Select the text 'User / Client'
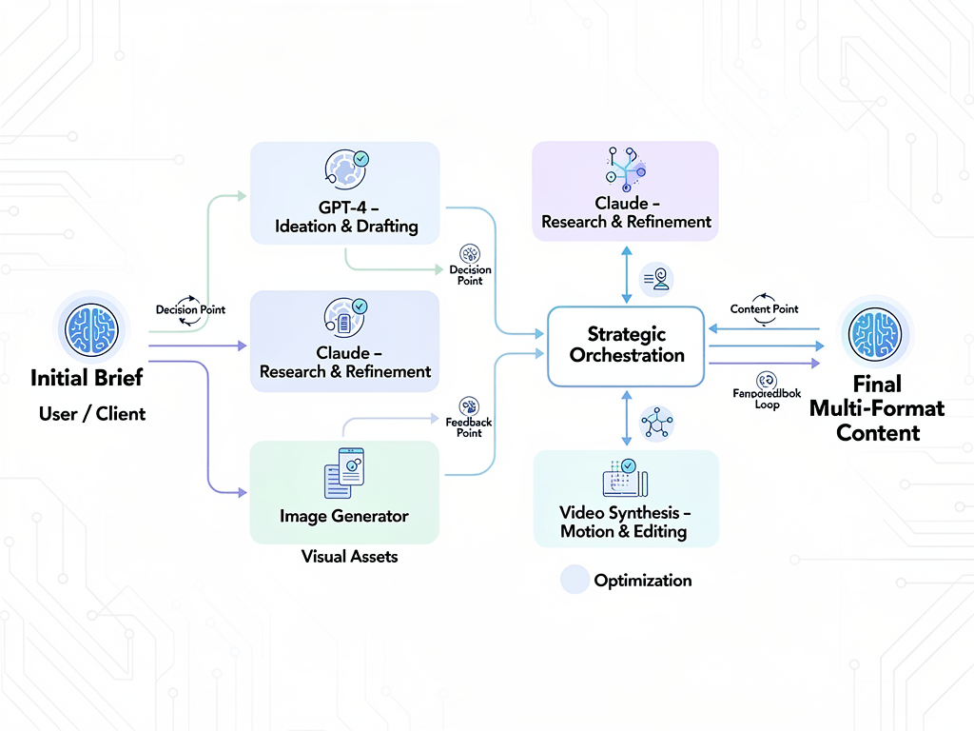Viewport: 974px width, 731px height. (x=92, y=414)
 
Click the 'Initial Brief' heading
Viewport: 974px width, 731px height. (x=87, y=378)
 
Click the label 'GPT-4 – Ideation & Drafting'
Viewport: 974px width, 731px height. (x=345, y=217)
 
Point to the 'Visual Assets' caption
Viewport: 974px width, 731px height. (x=349, y=556)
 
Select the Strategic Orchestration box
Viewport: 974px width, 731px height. (x=626, y=346)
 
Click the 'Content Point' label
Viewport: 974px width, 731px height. (x=764, y=309)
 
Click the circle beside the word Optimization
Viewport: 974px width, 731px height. (x=575, y=580)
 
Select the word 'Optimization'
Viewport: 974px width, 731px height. (x=642, y=581)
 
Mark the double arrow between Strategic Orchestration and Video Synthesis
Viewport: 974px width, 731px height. (x=626, y=417)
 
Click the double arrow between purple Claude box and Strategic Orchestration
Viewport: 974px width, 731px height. (x=626, y=274)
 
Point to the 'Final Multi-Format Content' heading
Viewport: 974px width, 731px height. (x=876, y=408)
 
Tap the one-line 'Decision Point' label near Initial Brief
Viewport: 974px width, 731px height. (x=190, y=310)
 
